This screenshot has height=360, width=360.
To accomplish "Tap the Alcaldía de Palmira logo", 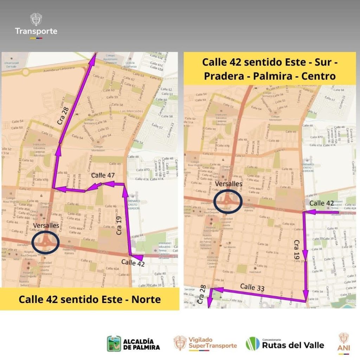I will (x=130, y=343).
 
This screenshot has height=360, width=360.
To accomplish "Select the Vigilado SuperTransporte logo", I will (x=205, y=343).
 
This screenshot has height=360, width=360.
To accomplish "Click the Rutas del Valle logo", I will (x=285, y=343).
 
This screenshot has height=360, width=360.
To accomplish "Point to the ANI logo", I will (x=344, y=343).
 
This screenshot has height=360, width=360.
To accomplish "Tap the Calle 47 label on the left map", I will (x=103, y=175).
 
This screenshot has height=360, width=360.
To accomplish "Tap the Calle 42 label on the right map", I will (x=322, y=203).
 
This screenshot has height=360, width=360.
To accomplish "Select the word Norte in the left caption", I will (x=146, y=300).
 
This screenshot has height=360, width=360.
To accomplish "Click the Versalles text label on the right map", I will (x=229, y=184).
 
